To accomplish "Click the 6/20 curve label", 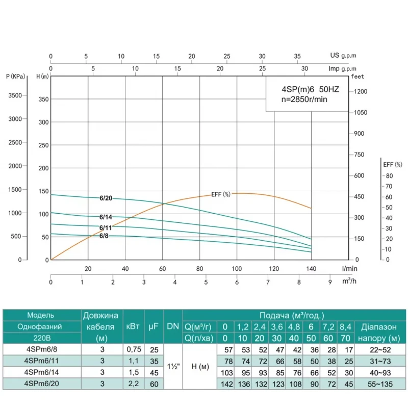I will (x=106, y=198).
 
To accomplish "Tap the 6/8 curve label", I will (x=104, y=236).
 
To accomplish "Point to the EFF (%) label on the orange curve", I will (x=221, y=194).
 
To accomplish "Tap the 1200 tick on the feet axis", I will (x=360, y=91).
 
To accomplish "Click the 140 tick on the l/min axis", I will (x=311, y=269).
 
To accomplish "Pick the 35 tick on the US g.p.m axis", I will (x=297, y=56).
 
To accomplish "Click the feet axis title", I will (x=358, y=76).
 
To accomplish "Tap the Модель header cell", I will (x=41, y=315).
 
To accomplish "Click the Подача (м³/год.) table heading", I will (x=292, y=316).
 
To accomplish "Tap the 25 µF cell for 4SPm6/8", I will (x=152, y=349).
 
